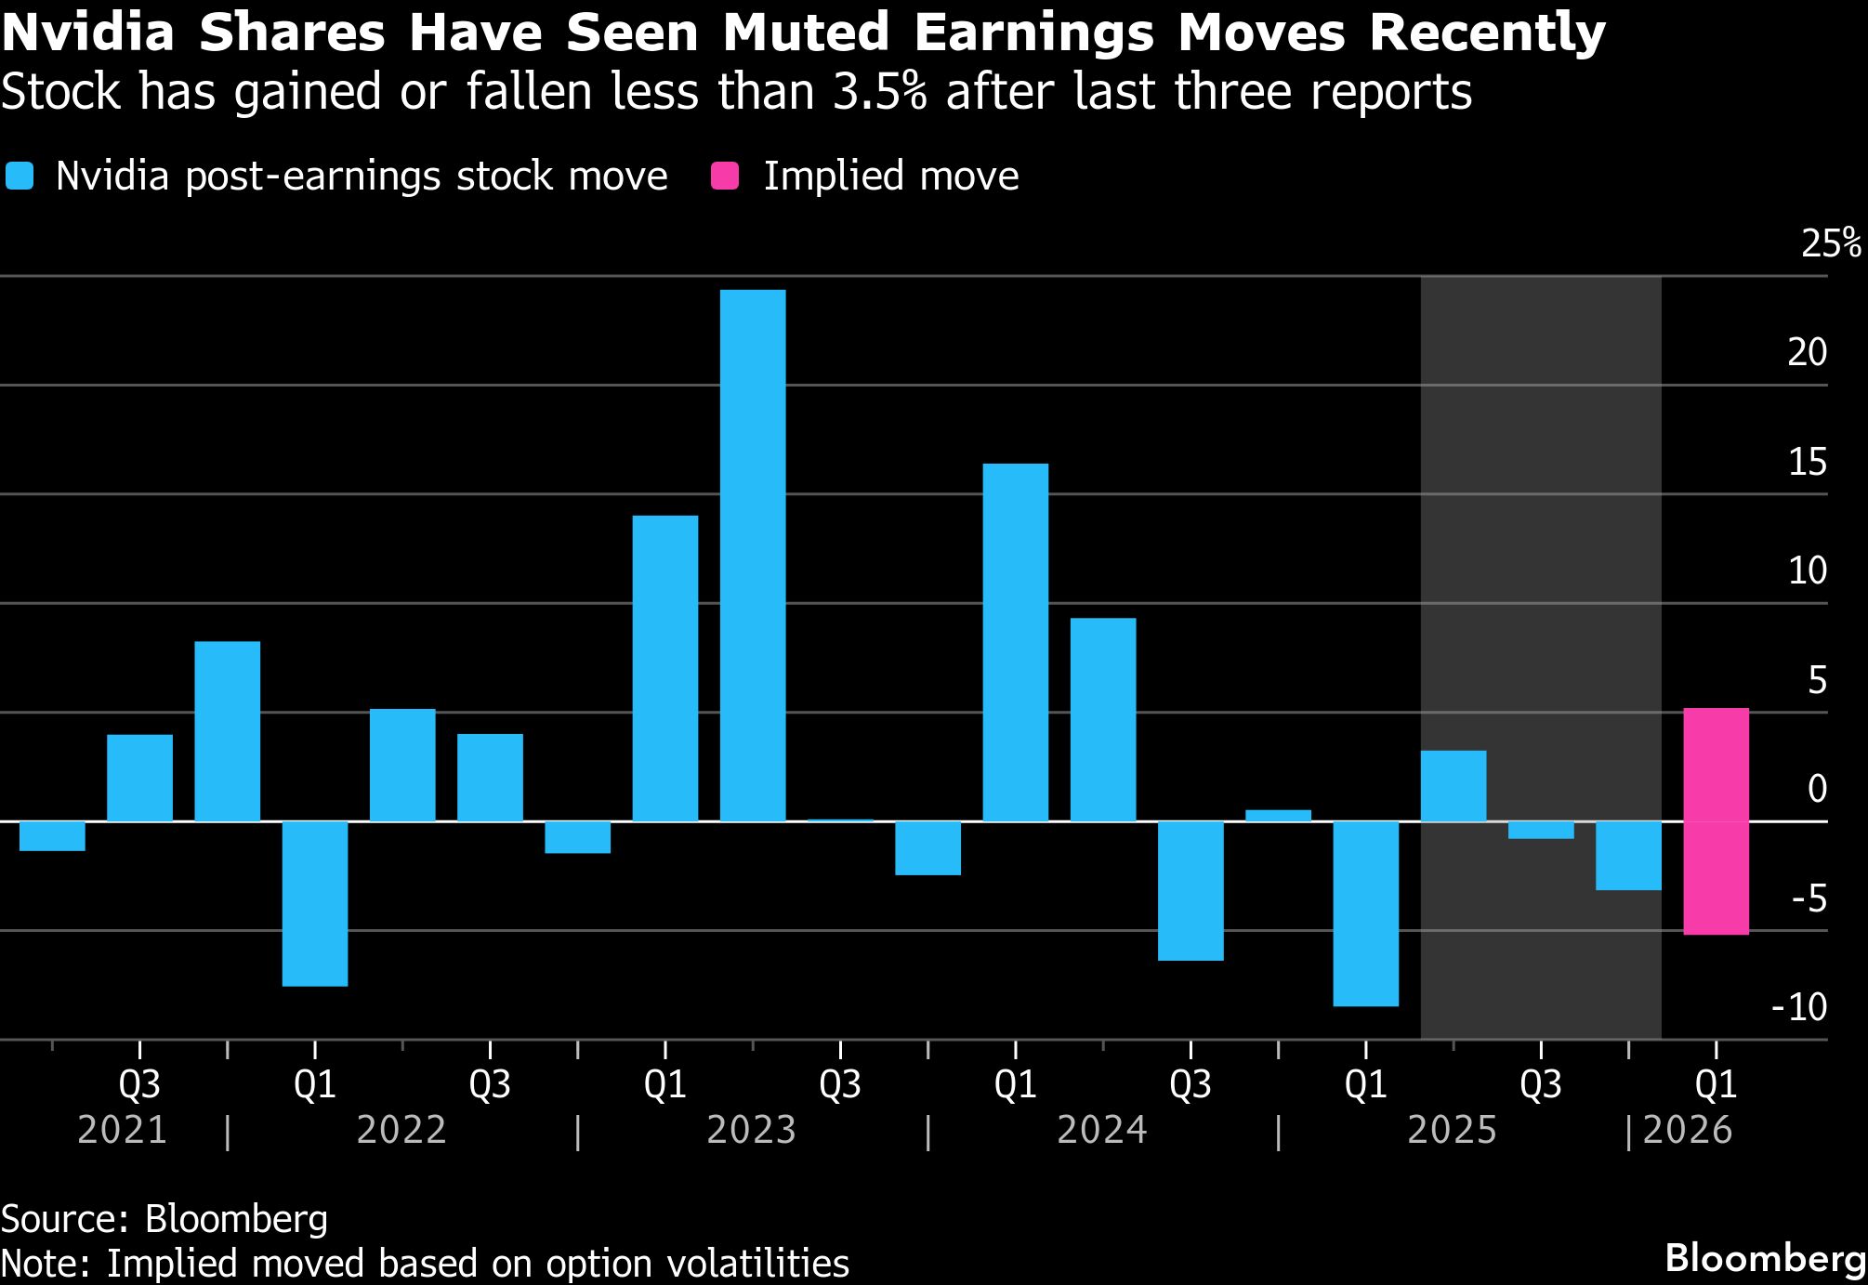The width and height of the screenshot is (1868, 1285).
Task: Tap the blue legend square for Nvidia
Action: coord(20,177)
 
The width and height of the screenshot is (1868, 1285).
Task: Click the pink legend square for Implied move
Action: coord(724,177)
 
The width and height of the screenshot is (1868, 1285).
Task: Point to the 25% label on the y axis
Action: coord(1831,243)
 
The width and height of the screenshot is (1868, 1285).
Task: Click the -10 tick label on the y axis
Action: coord(1799,1007)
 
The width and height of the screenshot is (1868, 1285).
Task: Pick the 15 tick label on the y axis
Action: coord(1808,463)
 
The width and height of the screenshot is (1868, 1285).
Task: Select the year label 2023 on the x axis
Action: coord(752,1131)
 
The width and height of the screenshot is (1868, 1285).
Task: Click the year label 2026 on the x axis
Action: coord(1688,1131)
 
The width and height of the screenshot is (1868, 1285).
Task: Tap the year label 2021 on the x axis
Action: coord(123,1131)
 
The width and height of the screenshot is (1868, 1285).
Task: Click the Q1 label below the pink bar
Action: coord(1716,1084)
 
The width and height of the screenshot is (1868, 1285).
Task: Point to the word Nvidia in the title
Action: coord(88,33)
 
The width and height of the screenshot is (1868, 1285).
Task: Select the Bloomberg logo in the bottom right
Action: coord(1765,1258)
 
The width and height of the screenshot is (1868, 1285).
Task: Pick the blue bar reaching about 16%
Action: coord(1016,641)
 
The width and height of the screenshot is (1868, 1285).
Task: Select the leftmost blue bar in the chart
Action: coord(52,835)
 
